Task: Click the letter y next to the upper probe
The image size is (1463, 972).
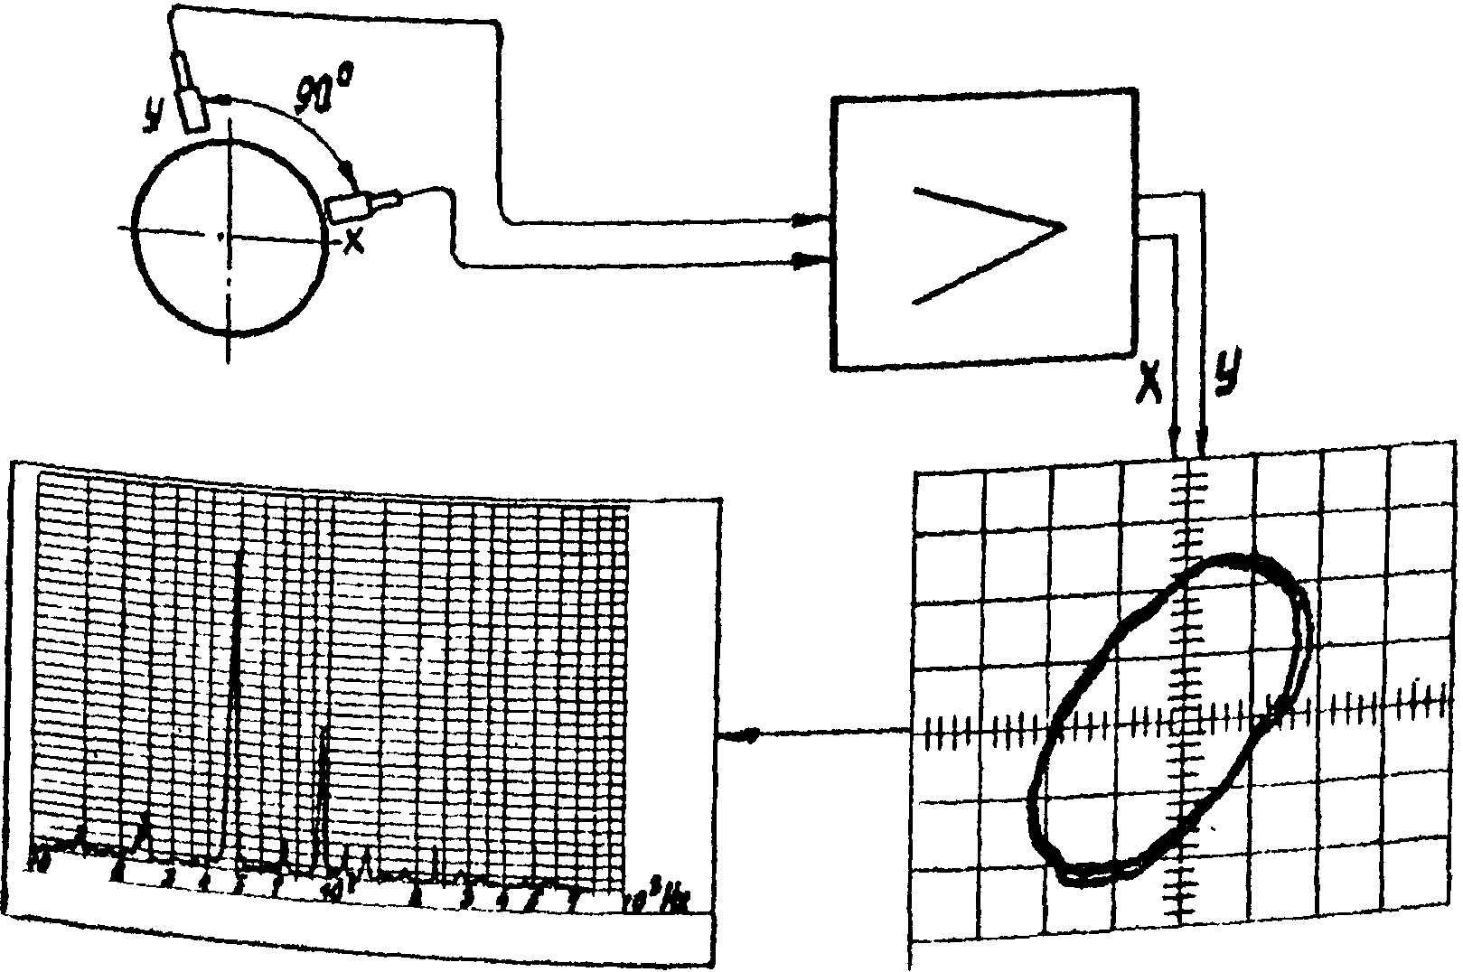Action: [155, 115]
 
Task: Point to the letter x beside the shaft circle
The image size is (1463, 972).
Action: [353, 241]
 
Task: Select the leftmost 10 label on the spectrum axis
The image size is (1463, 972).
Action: [38, 862]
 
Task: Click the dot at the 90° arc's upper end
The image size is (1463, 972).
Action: [222, 98]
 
